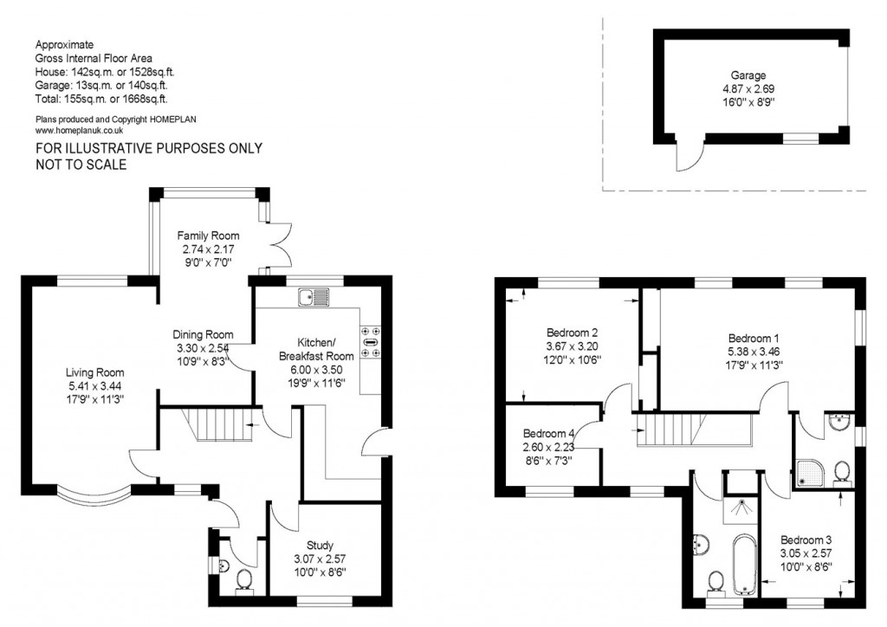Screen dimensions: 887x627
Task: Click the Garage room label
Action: click(x=748, y=75)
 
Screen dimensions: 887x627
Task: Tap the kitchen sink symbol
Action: click(x=314, y=297)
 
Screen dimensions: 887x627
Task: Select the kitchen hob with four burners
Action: click(x=371, y=341)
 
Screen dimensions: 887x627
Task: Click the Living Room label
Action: click(x=94, y=372)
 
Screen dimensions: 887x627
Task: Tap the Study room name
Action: click(x=320, y=546)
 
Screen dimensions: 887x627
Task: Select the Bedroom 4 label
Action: click(x=548, y=434)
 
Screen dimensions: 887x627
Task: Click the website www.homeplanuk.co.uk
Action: click(x=79, y=131)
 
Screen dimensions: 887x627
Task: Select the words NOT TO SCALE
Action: click(x=81, y=165)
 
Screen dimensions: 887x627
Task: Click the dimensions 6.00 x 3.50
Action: click(x=316, y=370)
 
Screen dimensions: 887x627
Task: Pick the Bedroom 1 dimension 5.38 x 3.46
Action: click(x=754, y=352)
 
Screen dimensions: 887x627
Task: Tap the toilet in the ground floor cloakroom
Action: click(x=244, y=580)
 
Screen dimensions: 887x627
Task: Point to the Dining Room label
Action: click(x=203, y=334)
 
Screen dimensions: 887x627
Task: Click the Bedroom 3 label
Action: click(x=806, y=540)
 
